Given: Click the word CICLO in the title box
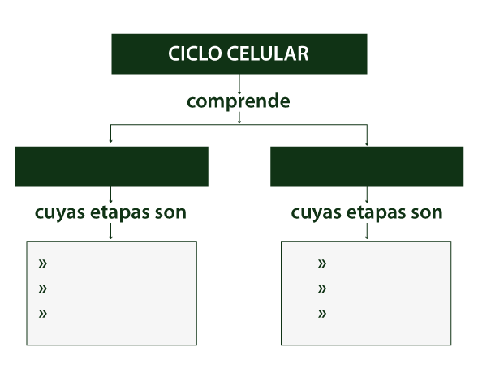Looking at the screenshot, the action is pos(195,54).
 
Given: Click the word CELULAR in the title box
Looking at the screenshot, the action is pos(268,54).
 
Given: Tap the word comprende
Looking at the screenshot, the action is pos(239,101).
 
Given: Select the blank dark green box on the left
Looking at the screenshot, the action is pos(111,167).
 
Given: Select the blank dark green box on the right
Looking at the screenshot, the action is pos(367,167).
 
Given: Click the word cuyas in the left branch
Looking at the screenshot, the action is pos(60,213).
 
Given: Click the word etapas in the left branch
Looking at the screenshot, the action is pos(120,213).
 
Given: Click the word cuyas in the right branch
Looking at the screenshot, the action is pos(317,213).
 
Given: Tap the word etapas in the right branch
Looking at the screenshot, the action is pos(377,213).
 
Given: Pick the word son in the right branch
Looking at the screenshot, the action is pos(427,213).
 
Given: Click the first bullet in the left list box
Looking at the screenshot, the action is pos(43,263).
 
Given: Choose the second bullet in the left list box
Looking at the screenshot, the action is pos(43,289).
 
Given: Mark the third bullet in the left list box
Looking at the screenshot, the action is pos(43,314).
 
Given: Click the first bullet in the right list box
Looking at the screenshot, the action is pos(322,263).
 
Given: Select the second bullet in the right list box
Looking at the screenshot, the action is pos(322,289).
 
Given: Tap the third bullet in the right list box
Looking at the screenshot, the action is pos(322,314).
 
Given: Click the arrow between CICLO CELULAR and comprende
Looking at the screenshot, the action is pos(239,84).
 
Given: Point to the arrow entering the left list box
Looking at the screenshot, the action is pos(110,231).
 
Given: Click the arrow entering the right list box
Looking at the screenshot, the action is pos(367,231).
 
